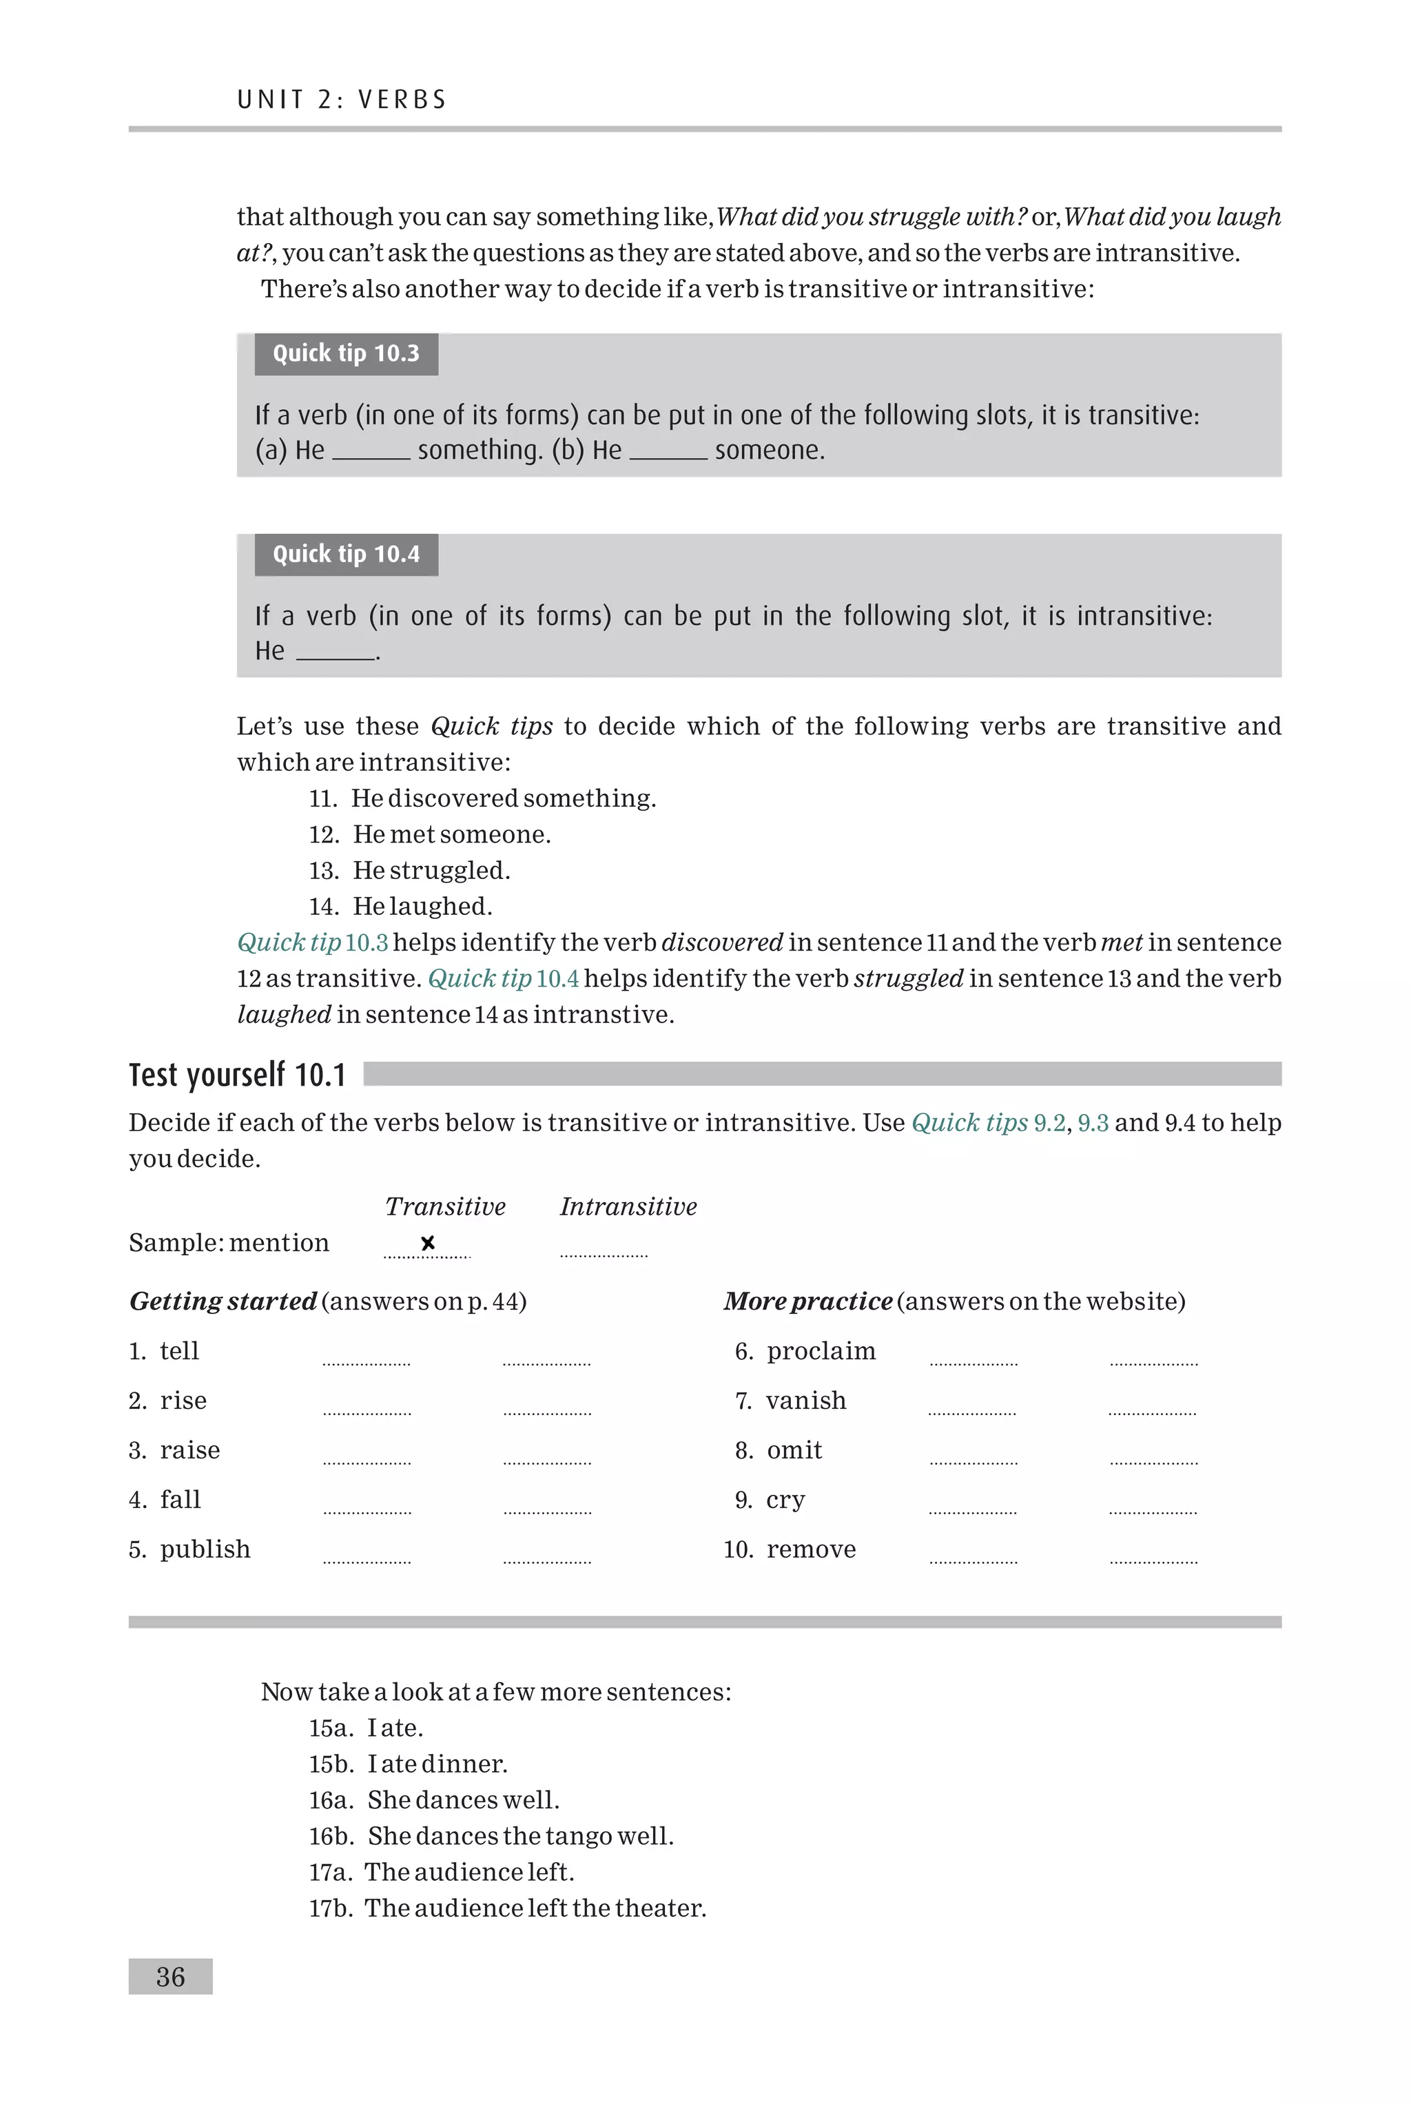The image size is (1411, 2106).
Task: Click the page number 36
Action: (x=170, y=1976)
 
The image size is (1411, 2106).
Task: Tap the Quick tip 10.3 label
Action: (x=346, y=353)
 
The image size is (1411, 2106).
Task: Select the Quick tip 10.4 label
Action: (x=346, y=554)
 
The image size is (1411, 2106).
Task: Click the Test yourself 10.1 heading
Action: (x=238, y=1075)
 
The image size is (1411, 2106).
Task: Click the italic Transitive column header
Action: (x=446, y=1206)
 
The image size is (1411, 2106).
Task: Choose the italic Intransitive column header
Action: (x=628, y=1206)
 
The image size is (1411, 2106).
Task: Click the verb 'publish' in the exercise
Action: (x=205, y=1549)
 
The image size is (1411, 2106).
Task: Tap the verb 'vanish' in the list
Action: (x=805, y=1401)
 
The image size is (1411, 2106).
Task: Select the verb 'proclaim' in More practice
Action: (x=821, y=1351)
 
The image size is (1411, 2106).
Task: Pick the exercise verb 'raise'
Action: (x=190, y=1450)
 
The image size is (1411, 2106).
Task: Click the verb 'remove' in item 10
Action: (x=811, y=1549)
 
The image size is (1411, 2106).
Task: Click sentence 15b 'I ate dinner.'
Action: (x=437, y=1764)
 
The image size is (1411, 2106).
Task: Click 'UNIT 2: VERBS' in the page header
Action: (x=342, y=99)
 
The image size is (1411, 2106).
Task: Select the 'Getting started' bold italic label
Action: (x=223, y=1302)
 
